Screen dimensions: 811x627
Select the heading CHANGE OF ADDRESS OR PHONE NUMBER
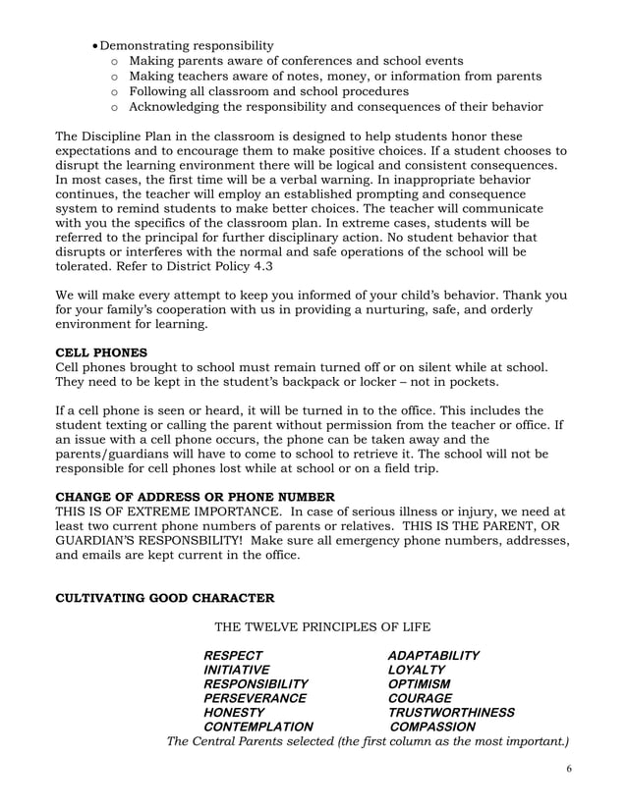click(195, 496)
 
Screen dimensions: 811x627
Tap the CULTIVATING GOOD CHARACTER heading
click(165, 597)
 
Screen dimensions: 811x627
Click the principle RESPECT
click(233, 655)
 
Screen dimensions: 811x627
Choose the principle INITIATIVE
click(236, 670)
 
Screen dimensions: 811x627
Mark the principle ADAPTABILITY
click(433, 655)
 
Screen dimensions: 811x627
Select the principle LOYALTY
click(417, 670)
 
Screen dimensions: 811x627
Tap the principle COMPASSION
click(433, 728)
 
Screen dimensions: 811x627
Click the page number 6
click(569, 769)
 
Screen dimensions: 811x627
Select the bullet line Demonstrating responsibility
click(187, 45)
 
